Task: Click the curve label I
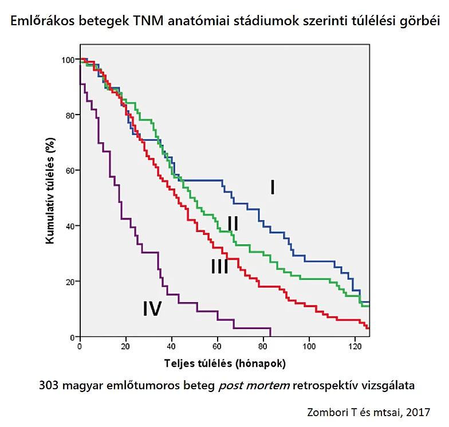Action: point(273,187)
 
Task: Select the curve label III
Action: point(219,266)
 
